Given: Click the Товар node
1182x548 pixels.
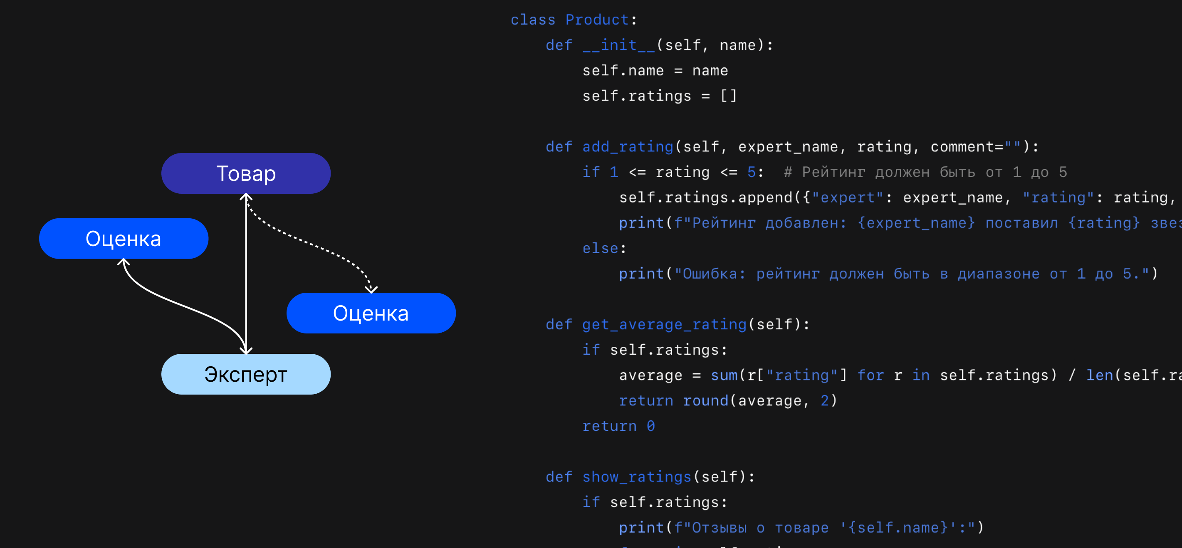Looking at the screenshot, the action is tap(246, 173).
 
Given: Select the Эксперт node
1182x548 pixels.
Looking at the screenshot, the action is tap(246, 374).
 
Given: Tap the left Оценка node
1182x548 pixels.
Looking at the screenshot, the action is tap(124, 239).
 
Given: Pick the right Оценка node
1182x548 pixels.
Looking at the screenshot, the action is tap(371, 313).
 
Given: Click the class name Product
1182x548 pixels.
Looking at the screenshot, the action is tap(596, 20).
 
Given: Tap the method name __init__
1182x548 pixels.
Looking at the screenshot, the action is tap(618, 45).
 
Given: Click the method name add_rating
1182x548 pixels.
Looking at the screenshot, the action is tap(627, 147).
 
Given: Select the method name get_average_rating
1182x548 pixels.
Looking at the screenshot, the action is tap(664, 325).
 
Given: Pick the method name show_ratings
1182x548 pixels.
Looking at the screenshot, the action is tap(636, 477).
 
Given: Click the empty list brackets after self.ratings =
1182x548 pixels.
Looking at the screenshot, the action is tap(728, 96).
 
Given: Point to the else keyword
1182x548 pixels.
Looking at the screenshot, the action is tap(600, 249).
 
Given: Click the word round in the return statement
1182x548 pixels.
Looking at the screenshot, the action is tap(705, 401).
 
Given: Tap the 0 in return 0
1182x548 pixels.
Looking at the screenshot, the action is tap(650, 426).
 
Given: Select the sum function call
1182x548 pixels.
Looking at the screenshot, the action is tap(724, 375).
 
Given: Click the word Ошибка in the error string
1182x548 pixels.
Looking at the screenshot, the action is tap(710, 274).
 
